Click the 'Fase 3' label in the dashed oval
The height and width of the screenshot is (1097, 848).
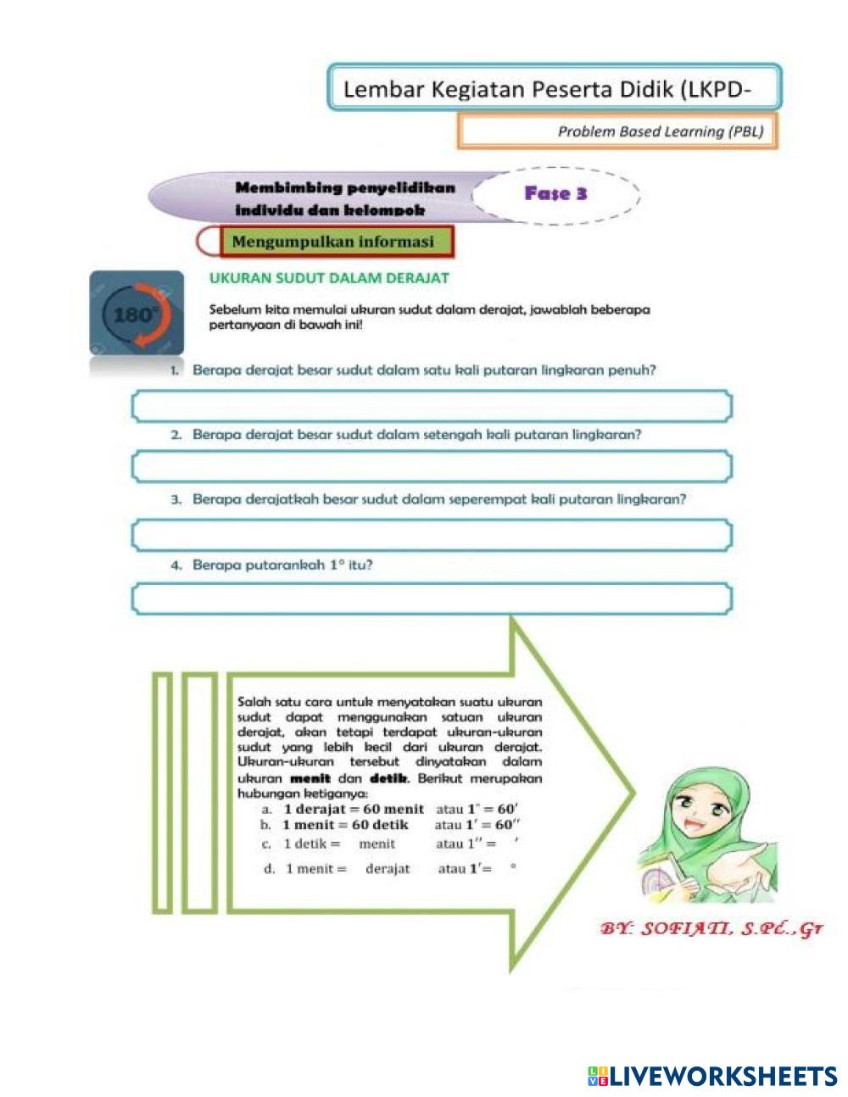click(x=555, y=194)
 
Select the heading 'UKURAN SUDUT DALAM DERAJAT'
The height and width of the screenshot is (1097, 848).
click(x=329, y=277)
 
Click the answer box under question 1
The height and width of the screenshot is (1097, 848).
click(x=431, y=406)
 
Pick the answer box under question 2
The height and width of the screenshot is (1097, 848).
click(x=431, y=466)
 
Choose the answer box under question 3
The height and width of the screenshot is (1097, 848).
click(x=431, y=535)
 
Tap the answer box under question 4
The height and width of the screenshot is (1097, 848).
click(x=431, y=599)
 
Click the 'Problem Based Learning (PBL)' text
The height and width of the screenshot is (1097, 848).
click(x=660, y=131)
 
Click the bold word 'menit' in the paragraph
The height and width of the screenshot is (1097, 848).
click(x=310, y=778)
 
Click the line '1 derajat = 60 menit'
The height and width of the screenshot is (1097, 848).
click(x=354, y=809)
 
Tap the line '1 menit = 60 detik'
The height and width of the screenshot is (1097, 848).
click(x=345, y=825)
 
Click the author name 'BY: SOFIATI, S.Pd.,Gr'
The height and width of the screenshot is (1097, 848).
click(x=711, y=929)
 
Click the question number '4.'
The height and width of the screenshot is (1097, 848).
click(x=176, y=565)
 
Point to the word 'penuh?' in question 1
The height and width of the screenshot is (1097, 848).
click(x=632, y=370)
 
